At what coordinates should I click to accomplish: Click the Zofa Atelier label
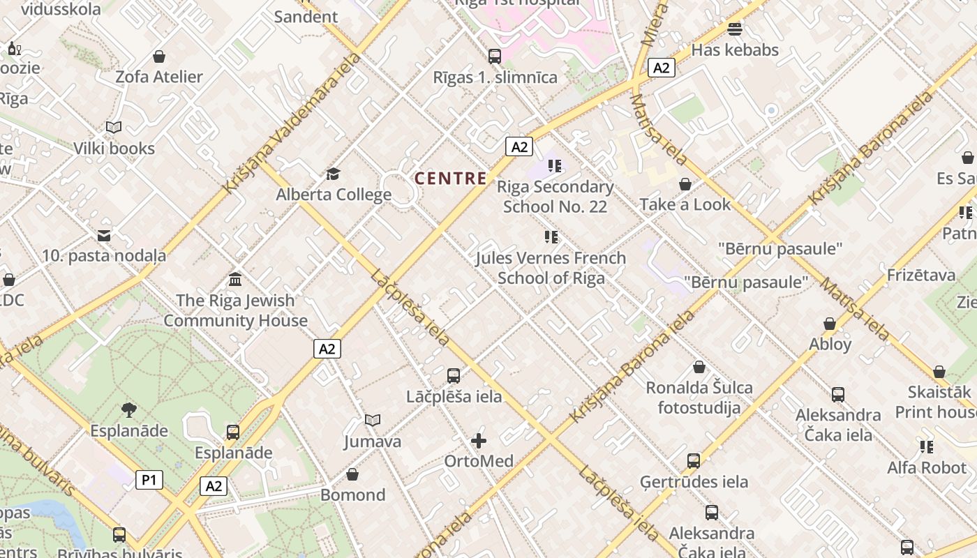pos(159,77)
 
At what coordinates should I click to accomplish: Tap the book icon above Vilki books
pos(114,127)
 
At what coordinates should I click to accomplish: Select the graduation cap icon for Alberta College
pos(334,174)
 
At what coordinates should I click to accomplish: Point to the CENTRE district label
pos(451,179)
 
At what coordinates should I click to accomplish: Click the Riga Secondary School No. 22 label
pos(555,197)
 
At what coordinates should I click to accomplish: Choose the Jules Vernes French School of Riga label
pos(551,268)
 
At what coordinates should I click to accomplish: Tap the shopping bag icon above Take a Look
pos(685,184)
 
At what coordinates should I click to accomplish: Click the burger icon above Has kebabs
pos(734,29)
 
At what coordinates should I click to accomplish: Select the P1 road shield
pos(149,480)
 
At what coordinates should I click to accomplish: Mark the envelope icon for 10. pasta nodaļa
pos(104,235)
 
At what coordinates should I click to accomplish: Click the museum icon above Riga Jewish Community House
pos(235,280)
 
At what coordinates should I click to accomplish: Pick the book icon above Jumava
pos(373,420)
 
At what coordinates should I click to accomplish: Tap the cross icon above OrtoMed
pos(479,440)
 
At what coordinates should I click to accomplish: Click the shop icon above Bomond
pos(352,474)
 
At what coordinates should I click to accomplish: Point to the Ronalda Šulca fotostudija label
pos(699,398)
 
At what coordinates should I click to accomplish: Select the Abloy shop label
pos(830,344)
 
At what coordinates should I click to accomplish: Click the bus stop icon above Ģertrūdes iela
pos(693,460)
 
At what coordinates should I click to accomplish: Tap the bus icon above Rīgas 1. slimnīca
pos(495,56)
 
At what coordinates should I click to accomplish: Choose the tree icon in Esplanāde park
pos(128,409)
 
